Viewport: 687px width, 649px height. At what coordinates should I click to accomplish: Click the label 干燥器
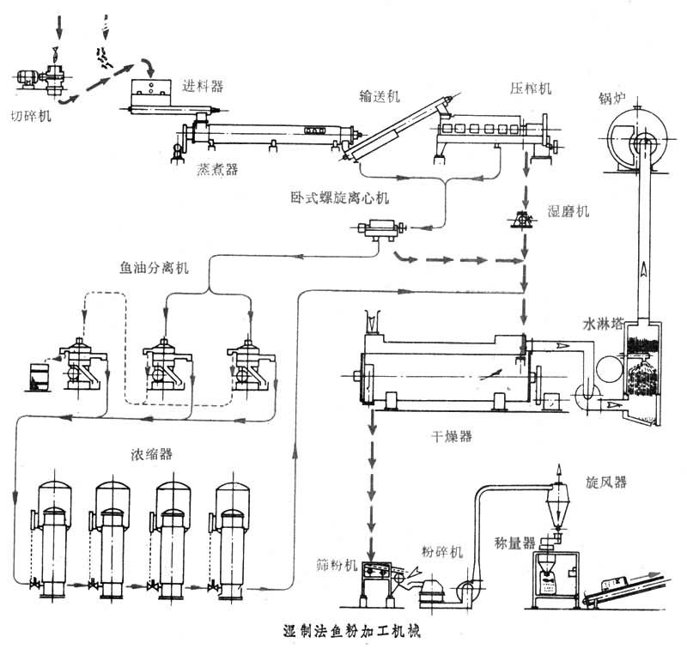pyautogui.click(x=452, y=436)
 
